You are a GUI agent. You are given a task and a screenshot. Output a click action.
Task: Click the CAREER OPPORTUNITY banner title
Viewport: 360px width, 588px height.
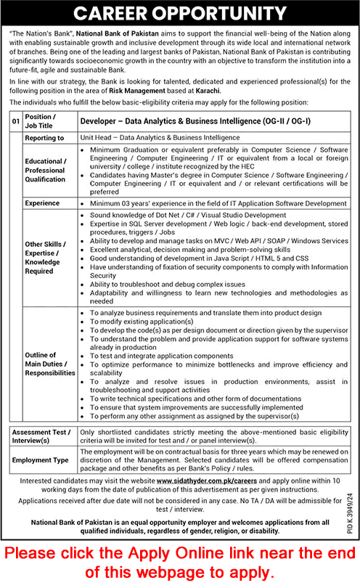click(180, 13)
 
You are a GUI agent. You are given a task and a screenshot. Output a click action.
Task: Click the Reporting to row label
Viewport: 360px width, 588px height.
click(44, 137)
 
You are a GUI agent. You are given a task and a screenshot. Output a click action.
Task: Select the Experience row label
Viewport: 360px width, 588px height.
click(42, 204)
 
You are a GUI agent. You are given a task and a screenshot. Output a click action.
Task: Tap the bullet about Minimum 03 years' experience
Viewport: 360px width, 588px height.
click(218, 204)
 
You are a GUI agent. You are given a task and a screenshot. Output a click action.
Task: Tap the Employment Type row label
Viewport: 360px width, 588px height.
click(41, 460)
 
